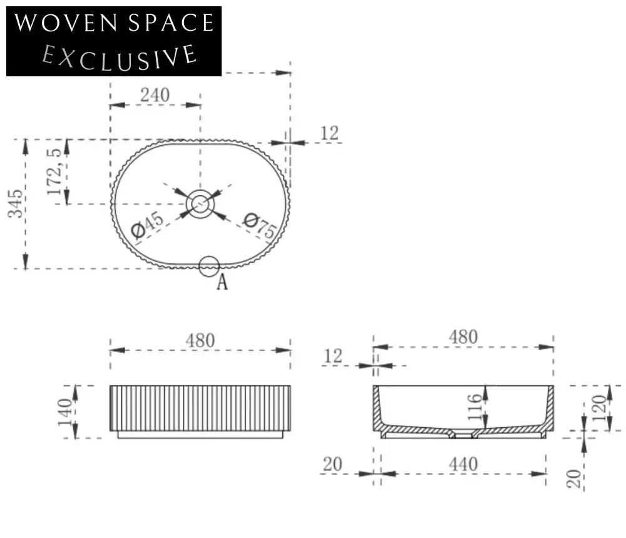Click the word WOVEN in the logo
pos(66,23)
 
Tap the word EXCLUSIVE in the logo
pos(119,58)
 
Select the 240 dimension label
pos(155,95)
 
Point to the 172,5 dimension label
pos(54,171)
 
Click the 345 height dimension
pos(15,203)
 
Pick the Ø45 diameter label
pos(147,225)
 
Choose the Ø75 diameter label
pos(260,225)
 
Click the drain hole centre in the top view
pos(200,204)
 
